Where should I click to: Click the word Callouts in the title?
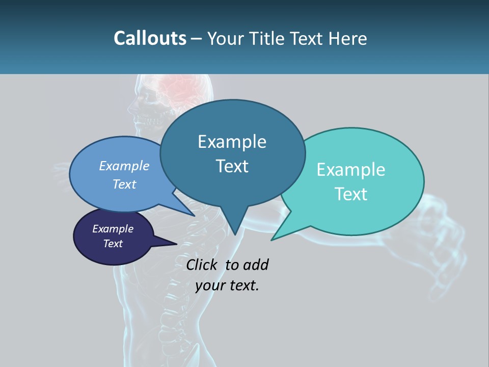click(150, 38)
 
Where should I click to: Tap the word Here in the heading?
click(347, 38)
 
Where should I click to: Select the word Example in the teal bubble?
click(351, 170)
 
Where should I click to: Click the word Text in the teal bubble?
click(351, 194)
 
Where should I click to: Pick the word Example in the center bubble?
click(232, 142)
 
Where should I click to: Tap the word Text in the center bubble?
click(232, 166)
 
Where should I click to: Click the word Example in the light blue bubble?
click(124, 166)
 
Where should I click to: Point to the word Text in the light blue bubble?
click(124, 184)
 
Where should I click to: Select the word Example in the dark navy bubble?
click(113, 229)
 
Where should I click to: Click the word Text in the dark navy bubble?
click(113, 244)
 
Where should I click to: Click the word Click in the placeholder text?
click(201, 265)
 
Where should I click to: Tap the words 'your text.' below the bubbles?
click(227, 285)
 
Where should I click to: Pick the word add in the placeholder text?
click(256, 265)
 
